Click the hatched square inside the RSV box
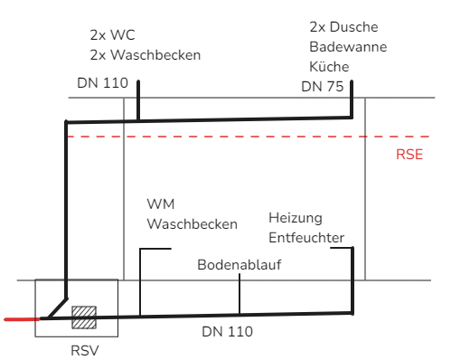click(84, 317)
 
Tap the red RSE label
click(409, 155)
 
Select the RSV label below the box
click(85, 351)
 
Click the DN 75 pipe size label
click(323, 87)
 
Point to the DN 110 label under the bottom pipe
click(227, 332)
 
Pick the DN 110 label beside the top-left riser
click(103, 83)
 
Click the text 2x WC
click(112, 35)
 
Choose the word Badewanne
click(348, 47)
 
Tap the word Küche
click(329, 67)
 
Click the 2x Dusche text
click(343, 27)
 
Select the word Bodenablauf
click(240, 265)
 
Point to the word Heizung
click(296, 218)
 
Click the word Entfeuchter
click(306, 238)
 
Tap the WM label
click(161, 204)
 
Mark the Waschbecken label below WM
click(193, 224)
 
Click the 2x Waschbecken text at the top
click(146, 55)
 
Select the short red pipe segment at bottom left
click(22, 319)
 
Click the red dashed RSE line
click(249, 137)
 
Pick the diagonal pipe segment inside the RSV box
click(58, 308)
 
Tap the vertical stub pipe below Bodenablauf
click(240, 294)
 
